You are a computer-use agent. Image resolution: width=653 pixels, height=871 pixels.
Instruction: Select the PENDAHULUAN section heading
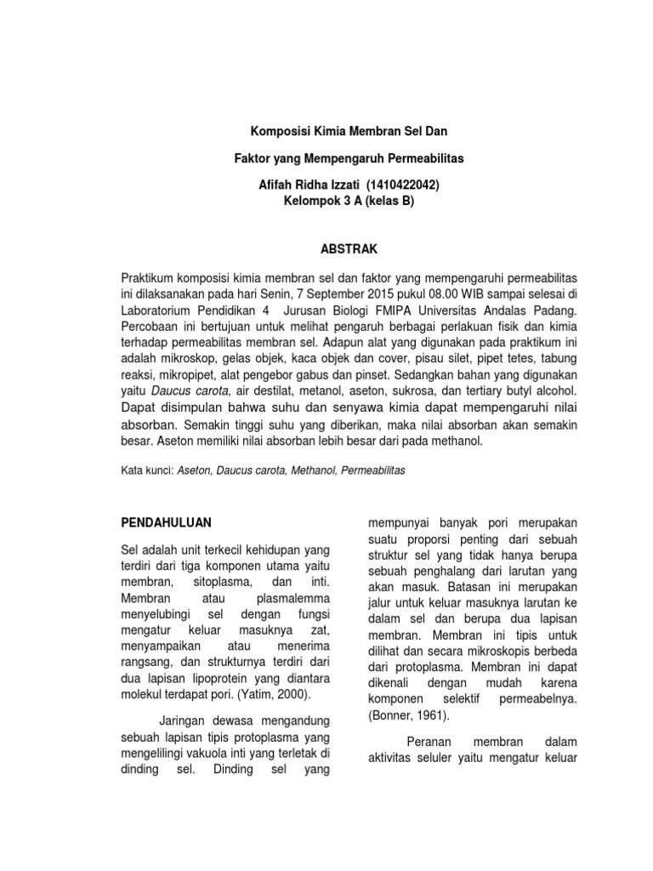168,521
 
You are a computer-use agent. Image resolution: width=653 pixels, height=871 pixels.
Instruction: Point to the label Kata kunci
147,469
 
